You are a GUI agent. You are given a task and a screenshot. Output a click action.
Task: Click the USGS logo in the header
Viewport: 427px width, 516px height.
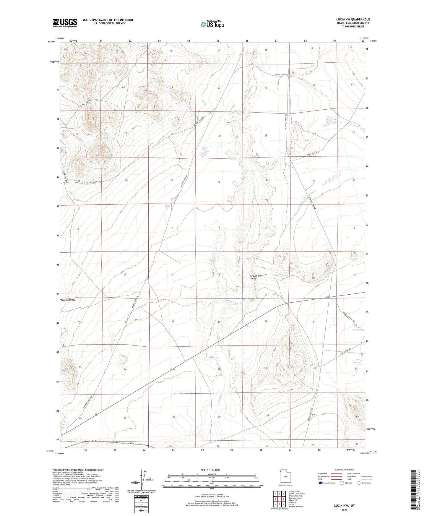tap(65, 22)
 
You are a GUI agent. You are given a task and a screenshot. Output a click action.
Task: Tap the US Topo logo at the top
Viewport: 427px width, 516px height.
tap(212, 24)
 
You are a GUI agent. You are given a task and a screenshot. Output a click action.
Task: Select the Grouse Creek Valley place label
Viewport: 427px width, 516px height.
tap(256, 277)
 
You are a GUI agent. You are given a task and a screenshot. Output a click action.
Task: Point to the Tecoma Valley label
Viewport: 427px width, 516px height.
tap(68, 300)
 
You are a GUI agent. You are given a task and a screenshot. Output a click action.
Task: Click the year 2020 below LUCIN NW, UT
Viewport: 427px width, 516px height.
tap(344, 510)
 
